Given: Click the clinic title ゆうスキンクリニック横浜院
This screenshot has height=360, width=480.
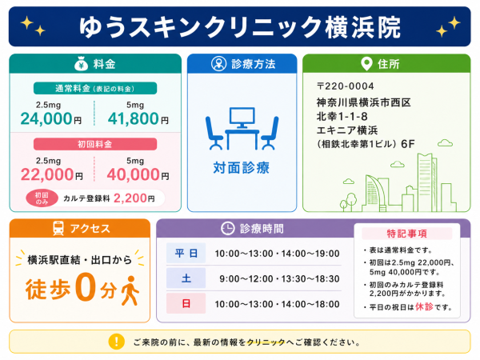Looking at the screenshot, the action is pyautogui.click(x=240, y=27).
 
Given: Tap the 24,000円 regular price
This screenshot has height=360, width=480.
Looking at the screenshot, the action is pyautogui.click(x=51, y=118).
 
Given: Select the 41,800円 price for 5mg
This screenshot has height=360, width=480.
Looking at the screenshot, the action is pyautogui.click(x=138, y=118).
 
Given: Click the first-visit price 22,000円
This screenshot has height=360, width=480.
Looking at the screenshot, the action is pyautogui.click(x=51, y=174).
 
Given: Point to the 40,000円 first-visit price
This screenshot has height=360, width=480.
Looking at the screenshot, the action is pyautogui.click(x=138, y=174).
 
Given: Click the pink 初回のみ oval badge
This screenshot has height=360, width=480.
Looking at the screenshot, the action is pyautogui.click(x=42, y=198).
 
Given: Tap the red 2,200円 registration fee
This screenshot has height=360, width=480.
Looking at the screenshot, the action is pyautogui.click(x=134, y=198).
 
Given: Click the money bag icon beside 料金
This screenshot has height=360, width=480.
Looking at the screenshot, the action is pyautogui.click(x=81, y=63).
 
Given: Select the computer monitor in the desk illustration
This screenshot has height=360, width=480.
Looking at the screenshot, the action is pyautogui.click(x=242, y=118).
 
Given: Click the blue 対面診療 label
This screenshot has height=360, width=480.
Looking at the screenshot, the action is pyautogui.click(x=242, y=168).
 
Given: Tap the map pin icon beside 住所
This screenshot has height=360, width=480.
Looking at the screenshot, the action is pyautogui.click(x=366, y=64).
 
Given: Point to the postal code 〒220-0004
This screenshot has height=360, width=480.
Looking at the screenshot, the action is pyautogui.click(x=346, y=86).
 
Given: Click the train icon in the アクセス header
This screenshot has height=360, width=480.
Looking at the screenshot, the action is pyautogui.click(x=58, y=228).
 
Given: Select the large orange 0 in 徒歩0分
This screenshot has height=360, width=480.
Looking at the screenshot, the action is pyautogui.click(x=85, y=286).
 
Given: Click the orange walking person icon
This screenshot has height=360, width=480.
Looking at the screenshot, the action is pyautogui.click(x=130, y=290).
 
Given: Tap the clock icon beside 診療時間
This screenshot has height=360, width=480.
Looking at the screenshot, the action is pyautogui.click(x=227, y=228).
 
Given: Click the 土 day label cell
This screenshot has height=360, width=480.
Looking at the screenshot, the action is pyautogui.click(x=186, y=278).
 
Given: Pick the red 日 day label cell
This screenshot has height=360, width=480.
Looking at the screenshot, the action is pyautogui.click(x=186, y=303).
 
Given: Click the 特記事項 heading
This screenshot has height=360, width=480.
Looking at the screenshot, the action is pyautogui.click(x=407, y=234).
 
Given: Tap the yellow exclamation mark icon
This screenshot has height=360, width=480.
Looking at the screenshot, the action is pyautogui.click(x=117, y=342).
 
